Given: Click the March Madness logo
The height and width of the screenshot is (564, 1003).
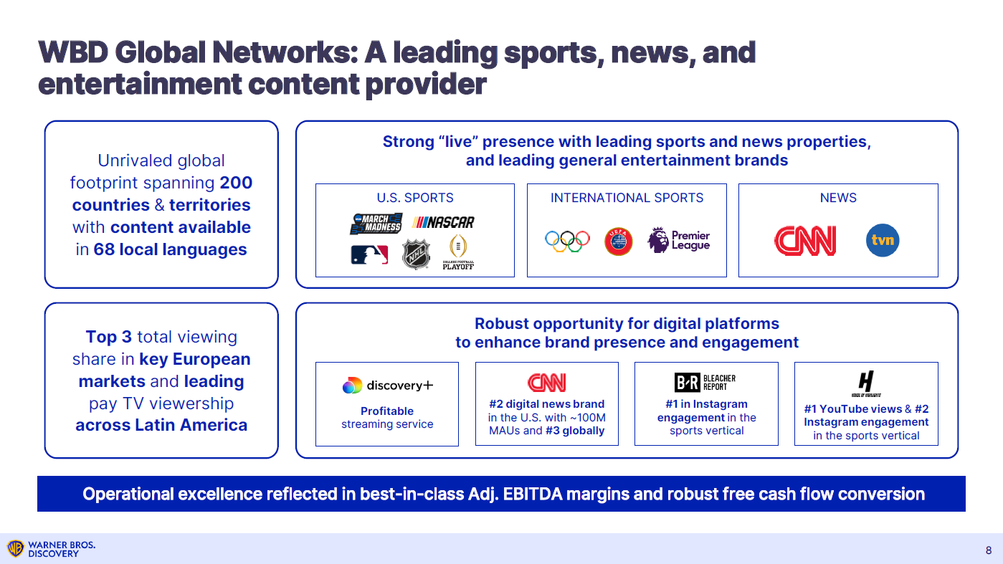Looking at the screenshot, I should pyautogui.click(x=376, y=223).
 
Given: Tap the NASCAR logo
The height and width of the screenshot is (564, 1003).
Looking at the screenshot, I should pyautogui.click(x=445, y=222).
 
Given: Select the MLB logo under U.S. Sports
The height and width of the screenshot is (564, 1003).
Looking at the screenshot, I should pyautogui.click(x=369, y=254).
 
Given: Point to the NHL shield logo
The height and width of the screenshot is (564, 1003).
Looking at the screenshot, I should pyautogui.click(x=415, y=254).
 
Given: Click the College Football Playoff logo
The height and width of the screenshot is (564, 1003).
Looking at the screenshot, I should pyautogui.click(x=458, y=253).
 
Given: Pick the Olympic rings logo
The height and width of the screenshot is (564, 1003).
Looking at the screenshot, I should pyautogui.click(x=567, y=241).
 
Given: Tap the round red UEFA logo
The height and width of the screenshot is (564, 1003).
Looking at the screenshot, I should pyautogui.click(x=619, y=241).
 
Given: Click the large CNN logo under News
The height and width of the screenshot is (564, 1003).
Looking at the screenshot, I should pyautogui.click(x=805, y=241).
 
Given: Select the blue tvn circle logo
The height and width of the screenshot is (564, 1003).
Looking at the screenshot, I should pyautogui.click(x=883, y=241).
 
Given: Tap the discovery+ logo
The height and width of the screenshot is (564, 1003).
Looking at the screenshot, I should pyautogui.click(x=387, y=386).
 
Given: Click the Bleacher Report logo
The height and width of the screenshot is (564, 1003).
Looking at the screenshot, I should pyautogui.click(x=705, y=382).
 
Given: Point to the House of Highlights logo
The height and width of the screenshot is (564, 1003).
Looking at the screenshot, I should pyautogui.click(x=866, y=383).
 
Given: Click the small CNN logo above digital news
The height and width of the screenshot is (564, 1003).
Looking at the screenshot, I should pyautogui.click(x=546, y=383).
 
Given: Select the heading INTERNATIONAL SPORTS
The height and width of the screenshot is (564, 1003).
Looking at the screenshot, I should pyautogui.click(x=627, y=198).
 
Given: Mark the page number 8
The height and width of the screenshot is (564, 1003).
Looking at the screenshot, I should pyautogui.click(x=989, y=550).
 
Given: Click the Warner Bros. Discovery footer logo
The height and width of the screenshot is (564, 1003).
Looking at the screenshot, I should pyautogui.click(x=51, y=549).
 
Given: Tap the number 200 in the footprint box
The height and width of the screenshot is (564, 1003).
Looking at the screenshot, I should pyautogui.click(x=236, y=183).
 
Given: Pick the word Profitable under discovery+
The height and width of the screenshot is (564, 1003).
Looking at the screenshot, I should pyautogui.click(x=387, y=411).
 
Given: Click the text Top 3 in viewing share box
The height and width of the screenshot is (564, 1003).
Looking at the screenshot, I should pyautogui.click(x=109, y=337).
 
